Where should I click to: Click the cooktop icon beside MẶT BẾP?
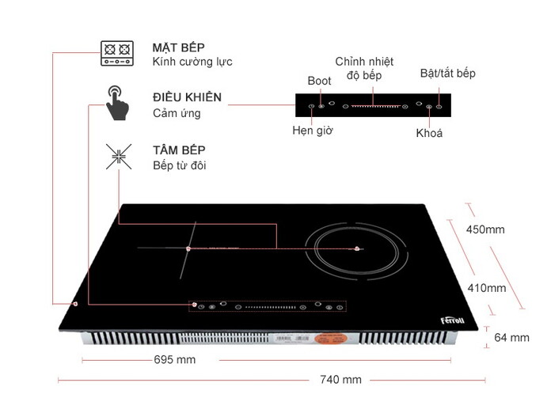tap(116, 52)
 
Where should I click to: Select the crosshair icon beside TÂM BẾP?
tap(117, 157)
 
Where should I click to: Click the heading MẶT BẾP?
tap(179, 47)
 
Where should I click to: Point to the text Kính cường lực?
tap(192, 62)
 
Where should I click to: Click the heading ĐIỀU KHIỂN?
tap(187, 97)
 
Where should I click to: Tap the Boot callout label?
tap(319, 81)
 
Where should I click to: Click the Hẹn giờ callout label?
tap(312, 131)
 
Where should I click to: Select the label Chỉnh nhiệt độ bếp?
tap(364, 68)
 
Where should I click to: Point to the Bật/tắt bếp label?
tap(448, 74)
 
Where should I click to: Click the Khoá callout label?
tap(429, 133)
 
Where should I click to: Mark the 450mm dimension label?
tap(485, 229)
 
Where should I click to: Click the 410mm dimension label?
tap(486, 288)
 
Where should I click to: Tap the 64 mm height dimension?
tap(511, 337)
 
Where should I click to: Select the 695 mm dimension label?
tap(174, 359)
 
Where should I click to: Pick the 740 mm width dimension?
tap(340, 380)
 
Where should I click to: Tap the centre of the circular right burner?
tap(358, 249)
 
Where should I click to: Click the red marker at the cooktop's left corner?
tap(74, 304)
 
